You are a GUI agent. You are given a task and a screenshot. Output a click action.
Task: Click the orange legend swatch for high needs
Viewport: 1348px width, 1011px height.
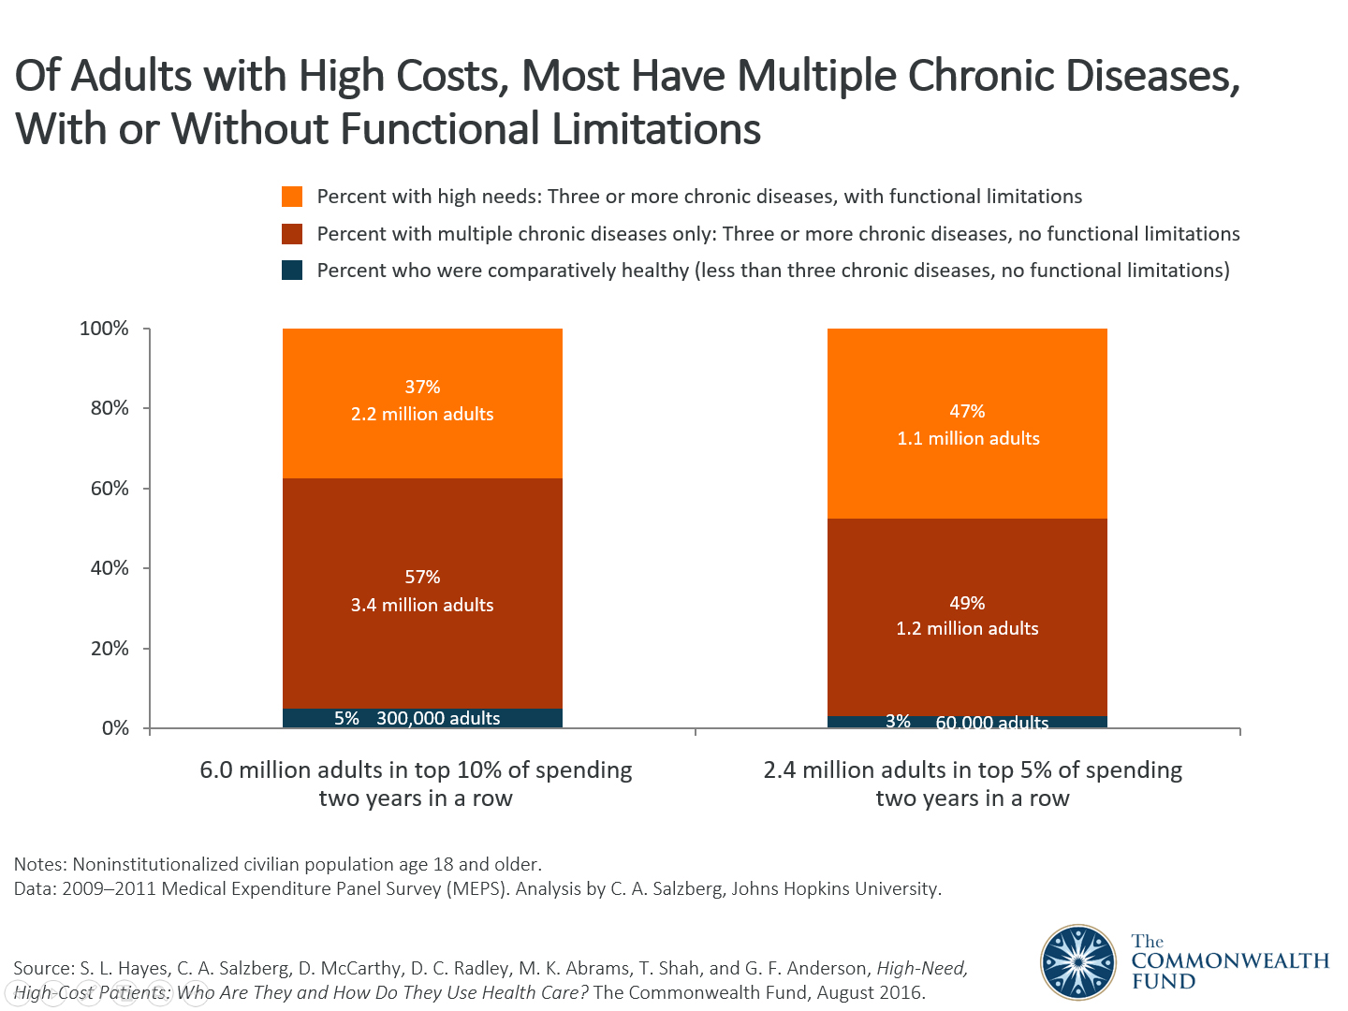pyautogui.click(x=292, y=197)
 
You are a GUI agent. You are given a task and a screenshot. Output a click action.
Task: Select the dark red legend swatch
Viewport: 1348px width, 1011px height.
pyautogui.click(x=292, y=233)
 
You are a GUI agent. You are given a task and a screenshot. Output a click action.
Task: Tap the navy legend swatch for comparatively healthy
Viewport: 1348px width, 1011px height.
pyautogui.click(x=292, y=271)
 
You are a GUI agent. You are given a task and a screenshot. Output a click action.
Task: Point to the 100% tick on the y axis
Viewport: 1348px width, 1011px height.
pyautogui.click(x=104, y=329)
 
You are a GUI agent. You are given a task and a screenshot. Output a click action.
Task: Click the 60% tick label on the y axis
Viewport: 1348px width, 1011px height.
pyautogui.click(x=110, y=489)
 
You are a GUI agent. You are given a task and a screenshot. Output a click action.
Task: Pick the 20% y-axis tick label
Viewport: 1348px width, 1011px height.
pyautogui.click(x=110, y=649)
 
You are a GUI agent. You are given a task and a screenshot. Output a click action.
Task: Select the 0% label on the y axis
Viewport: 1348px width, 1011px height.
pyautogui.click(x=115, y=728)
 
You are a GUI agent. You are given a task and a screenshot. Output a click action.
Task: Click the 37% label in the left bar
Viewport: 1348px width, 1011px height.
pyautogui.click(x=422, y=387)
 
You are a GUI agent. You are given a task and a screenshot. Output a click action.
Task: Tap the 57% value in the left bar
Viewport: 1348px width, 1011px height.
pyautogui.click(x=422, y=578)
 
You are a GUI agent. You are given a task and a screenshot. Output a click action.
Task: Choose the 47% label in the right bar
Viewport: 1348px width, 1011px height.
pyautogui.click(x=967, y=411)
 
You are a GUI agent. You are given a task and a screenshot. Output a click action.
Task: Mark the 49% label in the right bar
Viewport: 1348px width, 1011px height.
pyautogui.click(x=967, y=603)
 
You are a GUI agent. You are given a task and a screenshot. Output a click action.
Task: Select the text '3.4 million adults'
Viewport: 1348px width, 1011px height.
pyautogui.click(x=422, y=605)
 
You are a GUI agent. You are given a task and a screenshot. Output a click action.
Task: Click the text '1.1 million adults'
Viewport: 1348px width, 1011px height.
pyautogui.click(x=968, y=438)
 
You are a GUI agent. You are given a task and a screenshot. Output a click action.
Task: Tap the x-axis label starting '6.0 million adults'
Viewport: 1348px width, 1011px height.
pyautogui.click(x=416, y=784)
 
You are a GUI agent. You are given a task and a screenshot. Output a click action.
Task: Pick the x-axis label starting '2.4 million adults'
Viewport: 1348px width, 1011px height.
pyautogui.click(x=973, y=784)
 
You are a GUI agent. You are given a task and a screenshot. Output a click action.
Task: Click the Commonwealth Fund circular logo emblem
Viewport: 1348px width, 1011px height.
pyautogui.click(x=1078, y=961)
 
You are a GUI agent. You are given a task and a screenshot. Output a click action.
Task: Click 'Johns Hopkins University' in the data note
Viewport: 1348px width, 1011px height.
pyautogui.click(x=835, y=888)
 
